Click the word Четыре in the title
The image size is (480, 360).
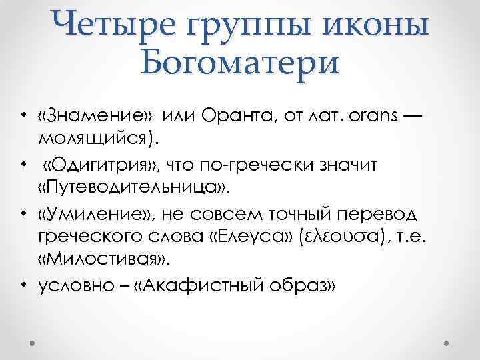[114, 25]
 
